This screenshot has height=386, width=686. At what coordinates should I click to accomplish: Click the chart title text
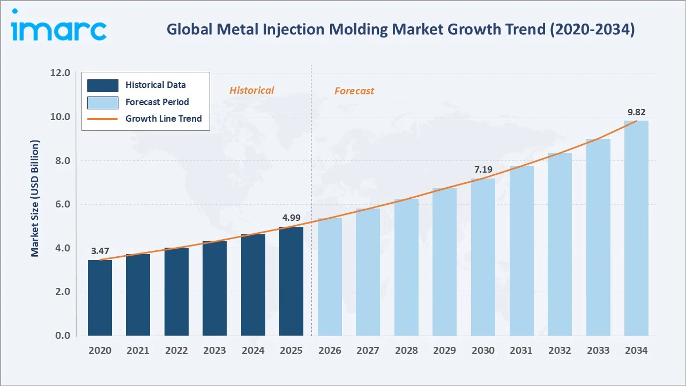400,29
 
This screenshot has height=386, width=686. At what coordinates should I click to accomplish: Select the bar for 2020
100,298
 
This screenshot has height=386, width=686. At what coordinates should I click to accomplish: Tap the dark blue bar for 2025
291,281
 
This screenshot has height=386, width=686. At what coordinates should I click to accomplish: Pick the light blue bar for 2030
483,257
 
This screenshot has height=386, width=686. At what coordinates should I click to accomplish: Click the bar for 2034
636,228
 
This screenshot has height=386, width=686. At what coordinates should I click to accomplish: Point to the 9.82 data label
636,113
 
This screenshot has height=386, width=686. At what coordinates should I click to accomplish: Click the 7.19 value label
483,170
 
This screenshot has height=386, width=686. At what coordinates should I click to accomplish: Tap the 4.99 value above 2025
291,218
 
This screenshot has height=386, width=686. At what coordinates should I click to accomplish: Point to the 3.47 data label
100,251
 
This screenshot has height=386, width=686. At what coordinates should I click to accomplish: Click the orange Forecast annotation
354,91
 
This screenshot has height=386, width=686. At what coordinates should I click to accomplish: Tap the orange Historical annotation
251,91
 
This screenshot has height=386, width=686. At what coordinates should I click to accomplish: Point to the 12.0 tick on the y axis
60,73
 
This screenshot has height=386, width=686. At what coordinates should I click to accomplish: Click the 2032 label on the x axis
560,351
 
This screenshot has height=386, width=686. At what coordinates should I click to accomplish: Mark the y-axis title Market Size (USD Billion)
35,198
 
